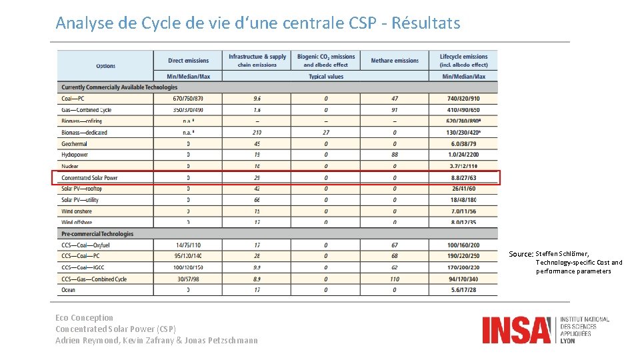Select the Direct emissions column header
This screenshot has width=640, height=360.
(x=188, y=61)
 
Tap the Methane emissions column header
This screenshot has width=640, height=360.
(x=395, y=61)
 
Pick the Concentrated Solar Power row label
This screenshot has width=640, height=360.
(x=89, y=178)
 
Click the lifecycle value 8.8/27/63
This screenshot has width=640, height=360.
(x=463, y=178)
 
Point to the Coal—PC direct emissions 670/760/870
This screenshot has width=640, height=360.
(x=188, y=99)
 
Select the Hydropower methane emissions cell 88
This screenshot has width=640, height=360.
(x=395, y=155)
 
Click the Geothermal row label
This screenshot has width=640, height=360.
(x=75, y=143)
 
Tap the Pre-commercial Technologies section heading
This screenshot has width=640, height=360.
(x=97, y=234)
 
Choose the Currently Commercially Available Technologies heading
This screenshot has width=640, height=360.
(x=119, y=87)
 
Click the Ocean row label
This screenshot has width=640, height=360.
(x=69, y=290)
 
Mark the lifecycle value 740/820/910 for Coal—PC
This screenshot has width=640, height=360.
(x=463, y=99)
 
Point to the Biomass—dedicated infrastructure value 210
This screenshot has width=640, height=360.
(x=257, y=133)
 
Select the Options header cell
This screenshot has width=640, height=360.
(x=105, y=66)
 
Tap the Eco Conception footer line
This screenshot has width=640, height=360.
(x=85, y=318)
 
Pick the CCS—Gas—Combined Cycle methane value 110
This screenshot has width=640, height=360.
(x=395, y=279)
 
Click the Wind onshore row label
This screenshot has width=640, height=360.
(x=77, y=211)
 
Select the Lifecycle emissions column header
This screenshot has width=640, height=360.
(x=463, y=61)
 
